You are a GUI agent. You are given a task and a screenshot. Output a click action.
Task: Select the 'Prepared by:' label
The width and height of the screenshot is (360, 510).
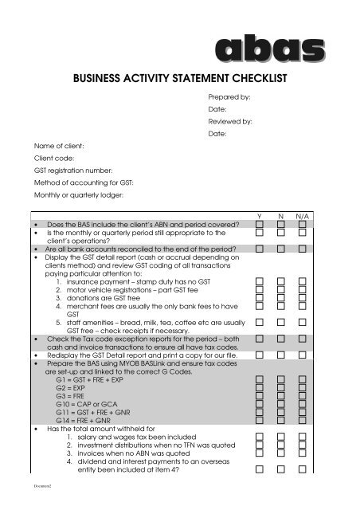229,96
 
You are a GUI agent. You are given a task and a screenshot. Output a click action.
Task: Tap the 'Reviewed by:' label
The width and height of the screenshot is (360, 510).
230,122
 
